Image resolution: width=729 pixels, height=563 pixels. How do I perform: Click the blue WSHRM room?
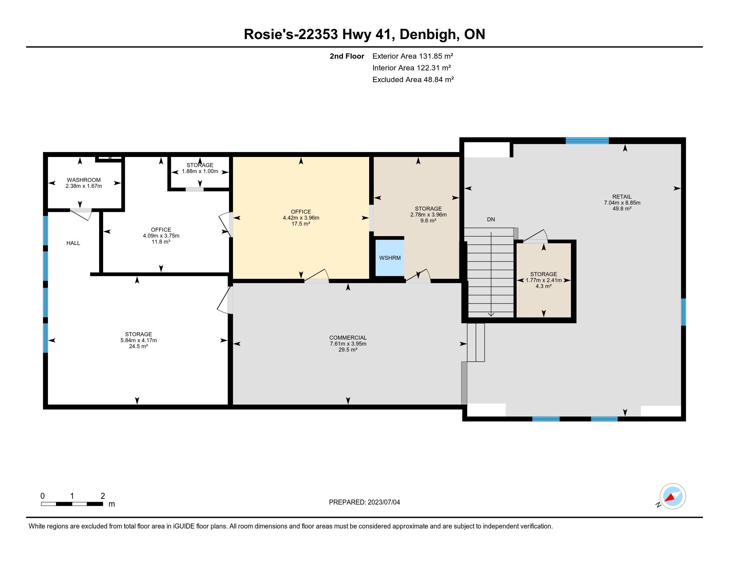[390, 258]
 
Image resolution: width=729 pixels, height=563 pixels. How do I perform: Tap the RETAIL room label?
[622, 197]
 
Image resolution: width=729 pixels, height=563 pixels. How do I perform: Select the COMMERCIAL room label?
[348, 338]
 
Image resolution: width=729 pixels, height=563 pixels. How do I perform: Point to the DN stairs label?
[491, 220]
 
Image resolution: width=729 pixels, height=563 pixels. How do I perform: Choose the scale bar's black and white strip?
[72, 504]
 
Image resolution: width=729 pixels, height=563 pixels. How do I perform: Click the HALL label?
[73, 243]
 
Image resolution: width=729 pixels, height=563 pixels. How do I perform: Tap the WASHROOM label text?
[84, 180]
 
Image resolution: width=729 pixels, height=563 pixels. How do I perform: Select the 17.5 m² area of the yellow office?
[301, 224]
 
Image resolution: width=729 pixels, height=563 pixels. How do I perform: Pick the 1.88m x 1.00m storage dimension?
[200, 172]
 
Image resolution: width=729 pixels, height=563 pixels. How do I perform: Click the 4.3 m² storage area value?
[543, 286]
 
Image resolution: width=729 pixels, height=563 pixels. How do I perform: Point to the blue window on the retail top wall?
[587, 140]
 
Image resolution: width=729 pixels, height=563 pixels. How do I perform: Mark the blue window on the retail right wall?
[683, 312]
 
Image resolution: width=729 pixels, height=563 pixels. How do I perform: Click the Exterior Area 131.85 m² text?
[413, 56]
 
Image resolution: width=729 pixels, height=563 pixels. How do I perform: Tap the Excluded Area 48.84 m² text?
[413, 79]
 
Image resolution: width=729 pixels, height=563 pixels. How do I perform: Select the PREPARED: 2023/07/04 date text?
[364, 502]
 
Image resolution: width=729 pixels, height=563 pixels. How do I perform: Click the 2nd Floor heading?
[347, 56]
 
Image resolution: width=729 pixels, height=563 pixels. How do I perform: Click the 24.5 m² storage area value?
[138, 346]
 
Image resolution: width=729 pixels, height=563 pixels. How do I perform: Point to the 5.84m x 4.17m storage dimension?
[139, 340]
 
